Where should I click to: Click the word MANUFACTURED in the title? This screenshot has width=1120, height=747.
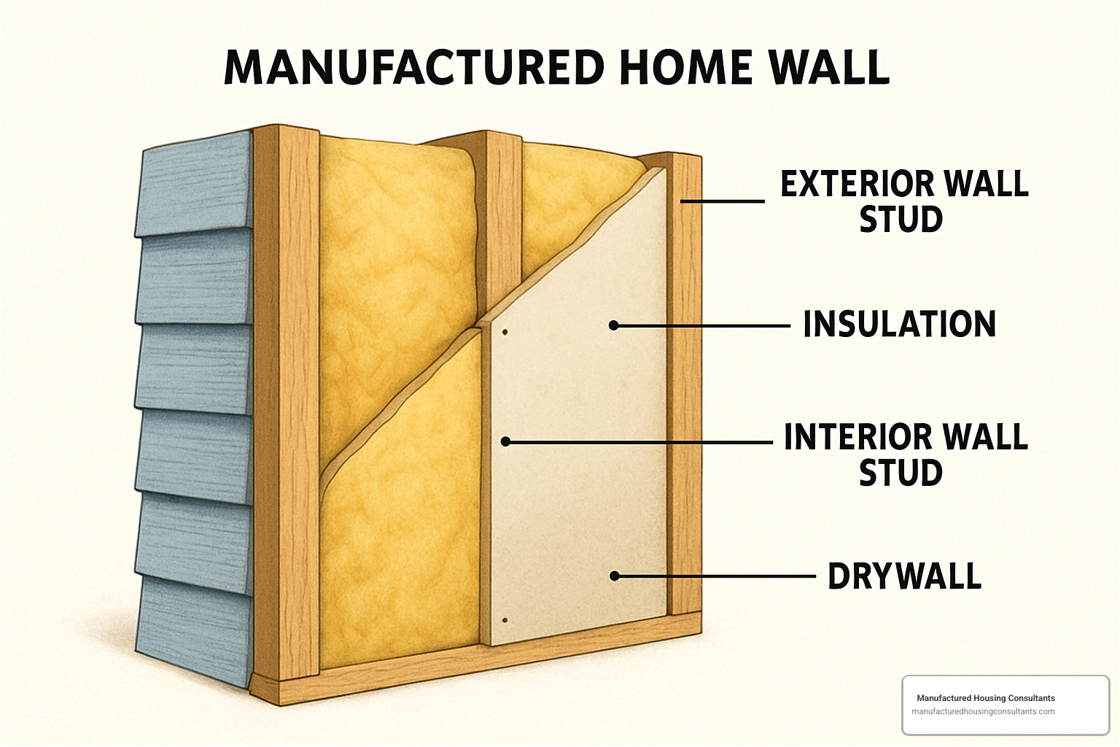414,68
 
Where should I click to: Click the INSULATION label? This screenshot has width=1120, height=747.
899,325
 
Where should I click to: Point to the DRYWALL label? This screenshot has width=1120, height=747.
904,576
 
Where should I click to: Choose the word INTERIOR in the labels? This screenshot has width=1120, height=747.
848,437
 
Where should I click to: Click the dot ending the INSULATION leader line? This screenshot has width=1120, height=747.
614,325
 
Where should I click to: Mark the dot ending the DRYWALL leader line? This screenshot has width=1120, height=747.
615,576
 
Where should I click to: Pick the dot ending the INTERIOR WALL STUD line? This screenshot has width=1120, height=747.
505,441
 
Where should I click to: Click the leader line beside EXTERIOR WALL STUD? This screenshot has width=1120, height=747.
722,201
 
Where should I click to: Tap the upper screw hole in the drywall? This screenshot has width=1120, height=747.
505,333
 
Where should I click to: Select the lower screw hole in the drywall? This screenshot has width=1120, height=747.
505,621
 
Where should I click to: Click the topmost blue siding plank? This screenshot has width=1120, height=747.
195,186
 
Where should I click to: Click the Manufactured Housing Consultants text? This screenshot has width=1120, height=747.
985,698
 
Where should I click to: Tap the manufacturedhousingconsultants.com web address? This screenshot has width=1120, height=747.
983,711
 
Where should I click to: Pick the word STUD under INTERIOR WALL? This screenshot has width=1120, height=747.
901,473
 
